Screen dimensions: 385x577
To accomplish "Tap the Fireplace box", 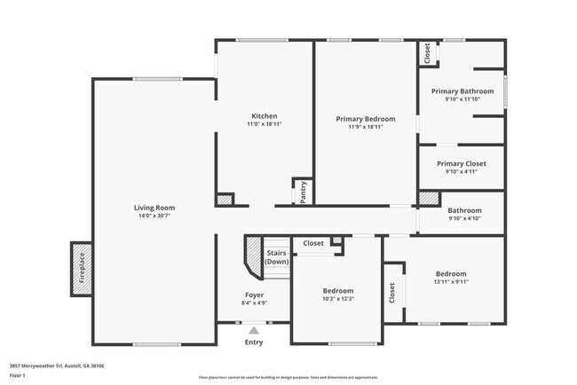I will point(81,268).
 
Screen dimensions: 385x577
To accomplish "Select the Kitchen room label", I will point(264,116).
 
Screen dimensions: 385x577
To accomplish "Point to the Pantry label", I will point(303,192).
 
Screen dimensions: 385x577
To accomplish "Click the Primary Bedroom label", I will point(365,119).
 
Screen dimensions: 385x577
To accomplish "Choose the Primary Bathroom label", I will point(462,91).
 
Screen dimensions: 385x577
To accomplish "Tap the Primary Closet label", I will point(462,163).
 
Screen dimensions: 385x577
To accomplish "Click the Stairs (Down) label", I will point(277,258).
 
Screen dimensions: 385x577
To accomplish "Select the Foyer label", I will point(254,295).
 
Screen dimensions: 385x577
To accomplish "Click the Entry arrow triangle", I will point(254,330).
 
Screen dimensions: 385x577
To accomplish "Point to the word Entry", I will point(254,342).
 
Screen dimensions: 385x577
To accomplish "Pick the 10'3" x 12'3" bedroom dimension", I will point(337,299).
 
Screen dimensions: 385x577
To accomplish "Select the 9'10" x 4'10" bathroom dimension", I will point(463,218).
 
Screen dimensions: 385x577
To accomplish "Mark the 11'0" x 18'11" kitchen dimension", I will point(264,125).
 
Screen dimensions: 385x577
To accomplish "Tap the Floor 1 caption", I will point(19,375).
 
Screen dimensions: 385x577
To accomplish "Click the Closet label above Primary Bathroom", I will point(427,54).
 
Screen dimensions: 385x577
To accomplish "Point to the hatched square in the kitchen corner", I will point(225,200).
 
